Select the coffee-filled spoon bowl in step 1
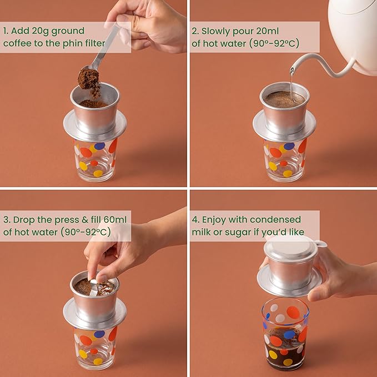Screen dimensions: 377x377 click(88, 78)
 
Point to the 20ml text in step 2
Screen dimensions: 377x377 click(268, 31)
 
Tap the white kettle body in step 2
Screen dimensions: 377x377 click(354, 34)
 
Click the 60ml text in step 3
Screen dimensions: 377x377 click(115, 220)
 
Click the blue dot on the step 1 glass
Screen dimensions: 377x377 click(99, 145)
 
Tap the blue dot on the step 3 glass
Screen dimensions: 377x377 click(99, 334)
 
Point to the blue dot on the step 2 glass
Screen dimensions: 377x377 click(289, 146)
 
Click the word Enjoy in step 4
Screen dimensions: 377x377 click(214, 220)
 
